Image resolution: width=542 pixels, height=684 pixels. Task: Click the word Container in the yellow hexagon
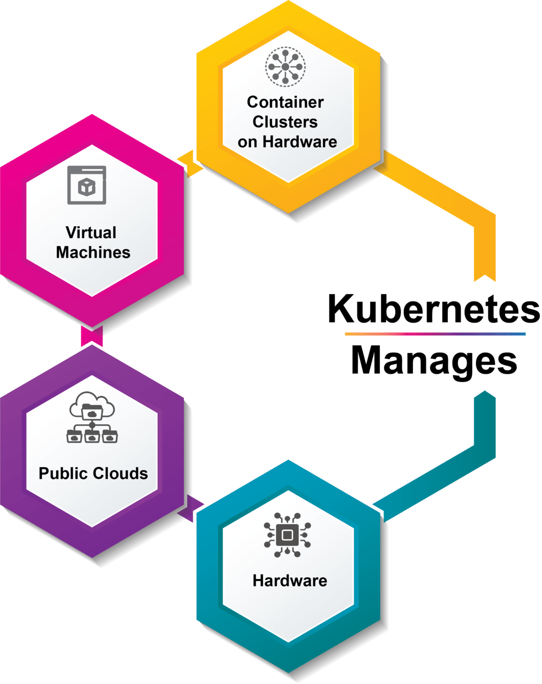[x=285, y=102]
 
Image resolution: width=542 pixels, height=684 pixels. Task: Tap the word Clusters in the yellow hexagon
[x=285, y=122]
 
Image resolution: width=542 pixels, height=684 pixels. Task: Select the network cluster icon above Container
[x=285, y=66]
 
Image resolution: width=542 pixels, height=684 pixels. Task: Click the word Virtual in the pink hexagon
[x=91, y=233]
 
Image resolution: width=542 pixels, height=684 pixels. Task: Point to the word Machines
[x=93, y=252]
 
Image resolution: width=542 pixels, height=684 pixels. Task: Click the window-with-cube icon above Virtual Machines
[x=87, y=186]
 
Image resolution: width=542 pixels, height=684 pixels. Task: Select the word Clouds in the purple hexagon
[x=120, y=474]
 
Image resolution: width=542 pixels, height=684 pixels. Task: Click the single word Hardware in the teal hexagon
[x=290, y=581]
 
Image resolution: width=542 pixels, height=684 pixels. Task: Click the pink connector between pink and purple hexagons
[x=92, y=336]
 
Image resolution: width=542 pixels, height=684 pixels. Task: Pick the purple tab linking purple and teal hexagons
[x=190, y=509]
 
